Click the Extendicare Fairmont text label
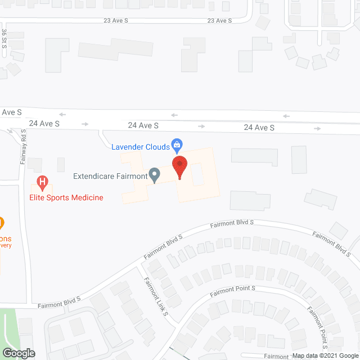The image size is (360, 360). pos(110,176)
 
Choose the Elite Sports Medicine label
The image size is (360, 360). pos(66,197)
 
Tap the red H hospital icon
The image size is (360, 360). pos(42,182)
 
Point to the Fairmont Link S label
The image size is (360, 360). pos(155,297)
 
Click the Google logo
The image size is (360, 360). pos(18,353)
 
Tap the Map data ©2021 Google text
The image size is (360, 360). pos(325,355)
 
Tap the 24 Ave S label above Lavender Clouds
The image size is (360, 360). pos(143,125)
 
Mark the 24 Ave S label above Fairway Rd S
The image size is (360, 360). pos(44,123)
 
